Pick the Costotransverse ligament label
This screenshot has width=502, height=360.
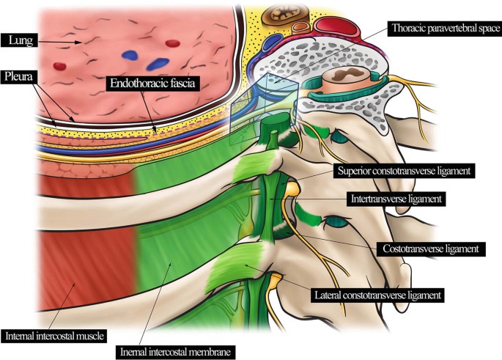click(421, 249)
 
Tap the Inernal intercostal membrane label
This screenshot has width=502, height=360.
click(176, 351)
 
